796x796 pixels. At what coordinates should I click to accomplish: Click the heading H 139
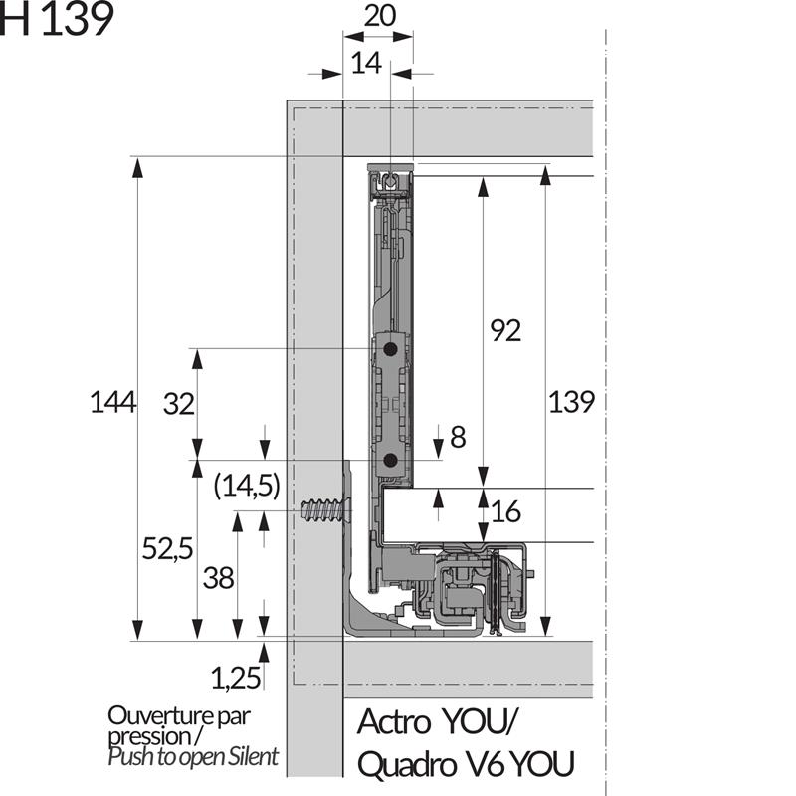[57, 21]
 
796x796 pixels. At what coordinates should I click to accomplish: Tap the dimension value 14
[366, 64]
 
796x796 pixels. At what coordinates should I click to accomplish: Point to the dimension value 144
[112, 402]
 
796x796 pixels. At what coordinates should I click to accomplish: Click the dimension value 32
[178, 404]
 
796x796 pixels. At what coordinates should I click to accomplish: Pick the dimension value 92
[505, 331]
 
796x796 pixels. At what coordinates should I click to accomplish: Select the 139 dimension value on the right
[571, 402]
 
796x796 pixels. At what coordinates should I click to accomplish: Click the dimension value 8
[458, 437]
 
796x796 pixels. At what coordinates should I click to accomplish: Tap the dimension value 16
[505, 512]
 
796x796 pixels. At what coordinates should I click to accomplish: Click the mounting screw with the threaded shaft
[325, 512]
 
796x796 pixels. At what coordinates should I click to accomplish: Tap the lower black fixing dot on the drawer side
[390, 460]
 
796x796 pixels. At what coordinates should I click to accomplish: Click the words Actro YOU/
[438, 720]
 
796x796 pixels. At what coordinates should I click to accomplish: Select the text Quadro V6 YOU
[465, 764]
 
